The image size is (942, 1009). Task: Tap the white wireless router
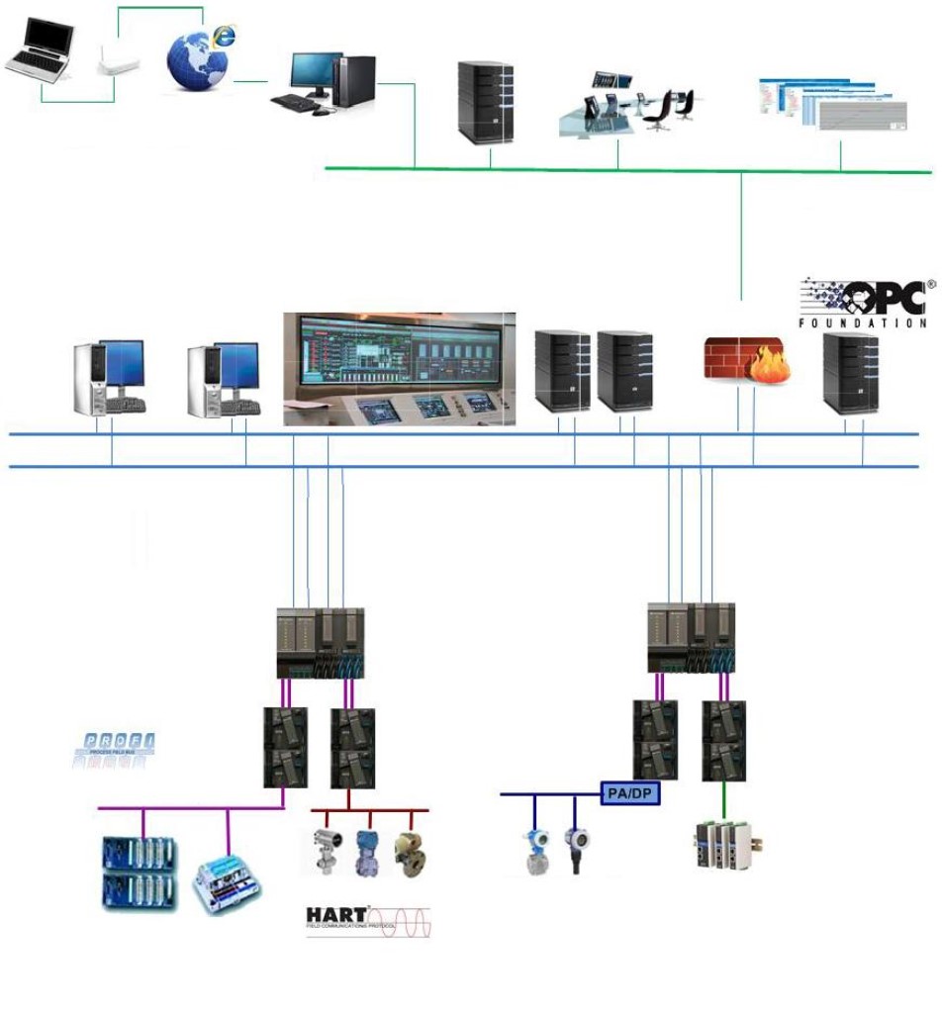pos(118,63)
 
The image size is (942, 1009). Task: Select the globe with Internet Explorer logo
pos(200,57)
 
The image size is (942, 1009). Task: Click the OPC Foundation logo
pos(863,302)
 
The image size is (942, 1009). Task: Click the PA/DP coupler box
pos(630,793)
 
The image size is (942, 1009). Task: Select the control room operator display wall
pos(399,369)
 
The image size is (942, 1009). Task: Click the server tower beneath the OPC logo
pos(850,372)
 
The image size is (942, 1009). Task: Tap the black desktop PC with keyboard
pos(324,83)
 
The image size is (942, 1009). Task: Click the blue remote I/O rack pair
pos(141,872)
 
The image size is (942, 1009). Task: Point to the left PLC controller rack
pos(320,643)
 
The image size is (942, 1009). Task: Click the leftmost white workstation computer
pos(110,377)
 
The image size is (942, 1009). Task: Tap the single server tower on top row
pos(486,103)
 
